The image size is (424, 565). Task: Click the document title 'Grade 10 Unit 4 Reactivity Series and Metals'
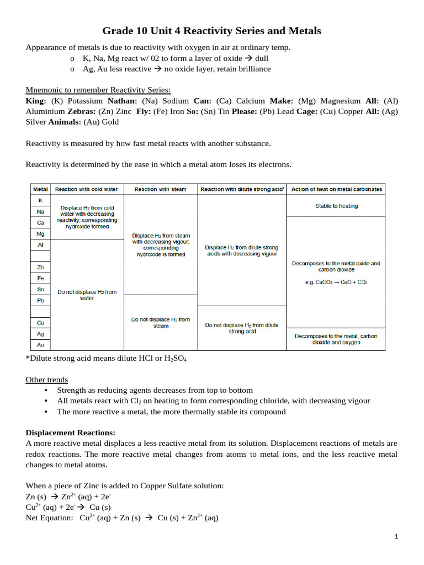pos(211,31)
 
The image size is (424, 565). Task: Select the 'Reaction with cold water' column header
pos(87,189)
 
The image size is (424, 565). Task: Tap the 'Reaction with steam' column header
pos(160,189)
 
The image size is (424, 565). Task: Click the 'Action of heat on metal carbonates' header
pos(336,189)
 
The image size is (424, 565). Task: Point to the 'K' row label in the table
pos(40,200)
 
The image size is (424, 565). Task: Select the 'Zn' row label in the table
pos(40,267)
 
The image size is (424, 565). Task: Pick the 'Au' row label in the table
pos(40,345)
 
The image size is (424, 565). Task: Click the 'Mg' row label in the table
pos(40,234)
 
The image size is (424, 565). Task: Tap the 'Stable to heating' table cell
pos(336,206)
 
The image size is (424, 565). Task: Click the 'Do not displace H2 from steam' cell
pos(160,322)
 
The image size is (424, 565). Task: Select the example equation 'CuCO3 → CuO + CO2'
pos(336,282)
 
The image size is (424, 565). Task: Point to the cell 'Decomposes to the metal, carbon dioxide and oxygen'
pos(336,339)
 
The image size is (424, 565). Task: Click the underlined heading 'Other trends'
pos(47,380)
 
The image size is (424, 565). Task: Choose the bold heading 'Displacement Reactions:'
pos(70,433)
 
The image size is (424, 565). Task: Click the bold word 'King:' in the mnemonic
pos(37,101)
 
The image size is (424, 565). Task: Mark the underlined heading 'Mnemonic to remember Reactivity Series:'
pos(98,90)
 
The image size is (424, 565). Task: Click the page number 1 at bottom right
pos(396,537)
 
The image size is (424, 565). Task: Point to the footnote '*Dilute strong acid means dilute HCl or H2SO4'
pos(107,359)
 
